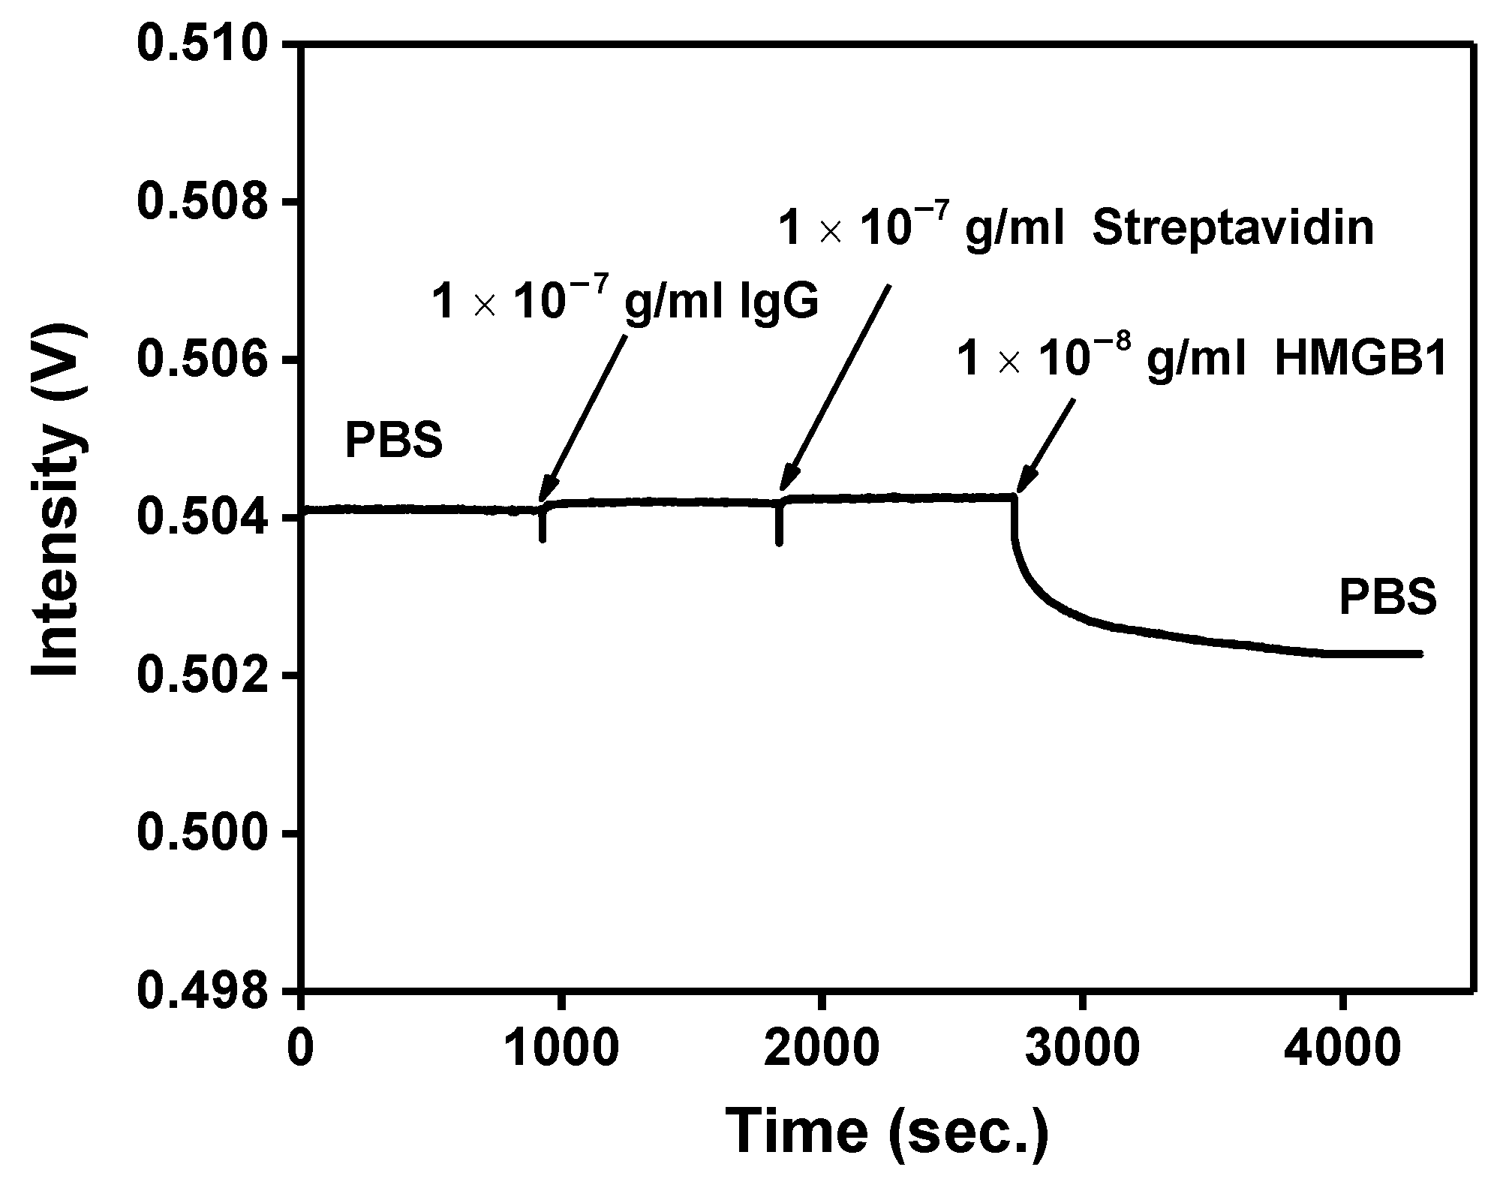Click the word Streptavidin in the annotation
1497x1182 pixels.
point(1233,229)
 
